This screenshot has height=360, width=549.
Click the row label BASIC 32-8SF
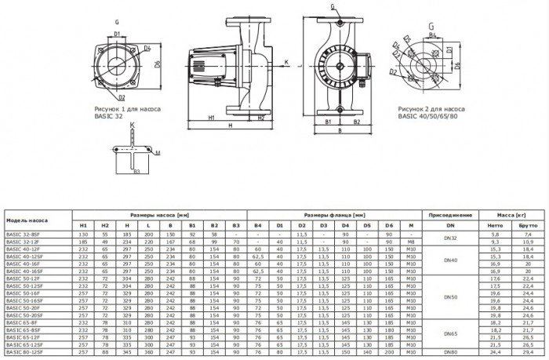tap(21, 234)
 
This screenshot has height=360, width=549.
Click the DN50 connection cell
tap(448, 297)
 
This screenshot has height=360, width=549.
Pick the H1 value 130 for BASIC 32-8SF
tap(83, 234)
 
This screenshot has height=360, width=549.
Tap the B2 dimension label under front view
tap(357, 122)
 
